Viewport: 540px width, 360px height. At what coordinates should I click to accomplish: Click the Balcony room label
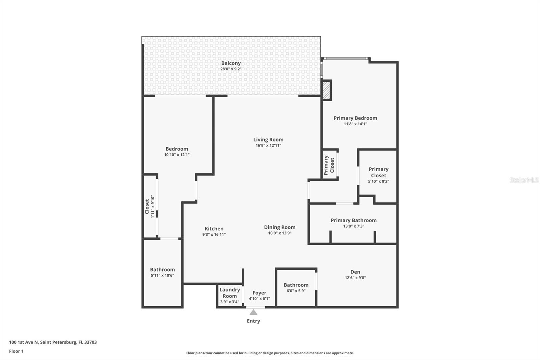point(231,63)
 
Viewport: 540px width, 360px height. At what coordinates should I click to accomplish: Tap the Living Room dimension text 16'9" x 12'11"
point(268,146)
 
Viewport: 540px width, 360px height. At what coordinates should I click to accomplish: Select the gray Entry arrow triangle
point(253,312)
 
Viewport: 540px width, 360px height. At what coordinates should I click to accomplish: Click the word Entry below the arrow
point(253,321)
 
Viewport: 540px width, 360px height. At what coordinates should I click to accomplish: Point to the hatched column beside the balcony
point(326,90)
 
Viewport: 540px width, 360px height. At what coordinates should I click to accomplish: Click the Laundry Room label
point(230,293)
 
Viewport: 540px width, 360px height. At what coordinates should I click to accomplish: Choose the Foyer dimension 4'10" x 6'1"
point(259,299)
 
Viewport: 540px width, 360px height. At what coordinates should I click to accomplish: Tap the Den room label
point(355,272)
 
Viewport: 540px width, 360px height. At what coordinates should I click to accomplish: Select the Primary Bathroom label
point(353,220)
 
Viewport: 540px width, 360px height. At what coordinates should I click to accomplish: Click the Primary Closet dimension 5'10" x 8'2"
point(378,181)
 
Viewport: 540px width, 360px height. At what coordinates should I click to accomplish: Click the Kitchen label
point(214,229)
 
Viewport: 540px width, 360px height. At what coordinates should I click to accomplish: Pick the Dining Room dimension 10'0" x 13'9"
point(279,233)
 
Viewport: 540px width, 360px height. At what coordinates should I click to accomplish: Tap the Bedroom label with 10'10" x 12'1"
point(177,149)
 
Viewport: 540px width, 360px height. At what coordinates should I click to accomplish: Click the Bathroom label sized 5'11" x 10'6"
point(162,269)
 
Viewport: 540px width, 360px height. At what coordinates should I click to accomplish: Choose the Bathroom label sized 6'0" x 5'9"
point(296,285)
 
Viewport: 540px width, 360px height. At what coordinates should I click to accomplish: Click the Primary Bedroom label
point(355,118)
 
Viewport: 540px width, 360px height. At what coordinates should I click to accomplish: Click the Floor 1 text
point(16,351)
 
